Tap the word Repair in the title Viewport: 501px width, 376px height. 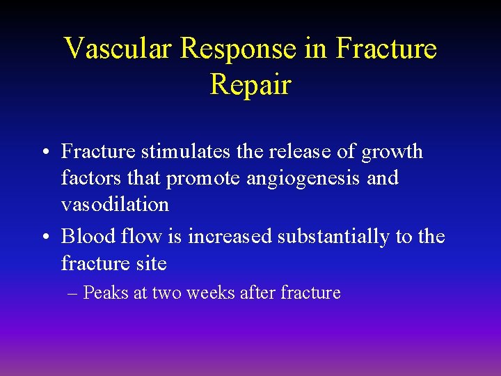pyautogui.click(x=250, y=85)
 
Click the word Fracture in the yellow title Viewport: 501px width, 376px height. pyautogui.click(x=386, y=49)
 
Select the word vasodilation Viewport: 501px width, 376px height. pyautogui.click(x=115, y=205)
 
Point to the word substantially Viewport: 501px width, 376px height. pyautogui.click(x=333, y=237)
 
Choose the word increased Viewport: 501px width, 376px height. pyautogui.click(x=230, y=237)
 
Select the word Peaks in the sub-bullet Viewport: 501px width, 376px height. pyautogui.click(x=106, y=292)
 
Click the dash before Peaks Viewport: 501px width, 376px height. pyautogui.click(x=73, y=293)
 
